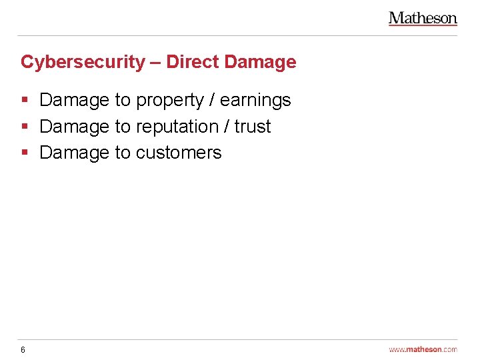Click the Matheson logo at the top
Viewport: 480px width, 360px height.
423,19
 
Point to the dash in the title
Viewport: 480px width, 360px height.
155,63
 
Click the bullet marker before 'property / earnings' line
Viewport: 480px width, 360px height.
24,100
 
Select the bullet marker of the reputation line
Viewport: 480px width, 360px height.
24,127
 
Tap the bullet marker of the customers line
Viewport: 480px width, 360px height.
24,153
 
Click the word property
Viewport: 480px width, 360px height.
169,101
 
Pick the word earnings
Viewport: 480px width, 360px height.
255,101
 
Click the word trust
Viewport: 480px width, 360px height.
253,127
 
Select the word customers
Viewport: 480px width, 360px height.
178,153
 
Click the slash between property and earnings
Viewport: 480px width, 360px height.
212,100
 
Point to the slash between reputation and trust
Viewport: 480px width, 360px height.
227,127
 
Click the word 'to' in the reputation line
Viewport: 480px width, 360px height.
123,127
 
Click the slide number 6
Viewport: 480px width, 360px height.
23,349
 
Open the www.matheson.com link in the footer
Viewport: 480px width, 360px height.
423,349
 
